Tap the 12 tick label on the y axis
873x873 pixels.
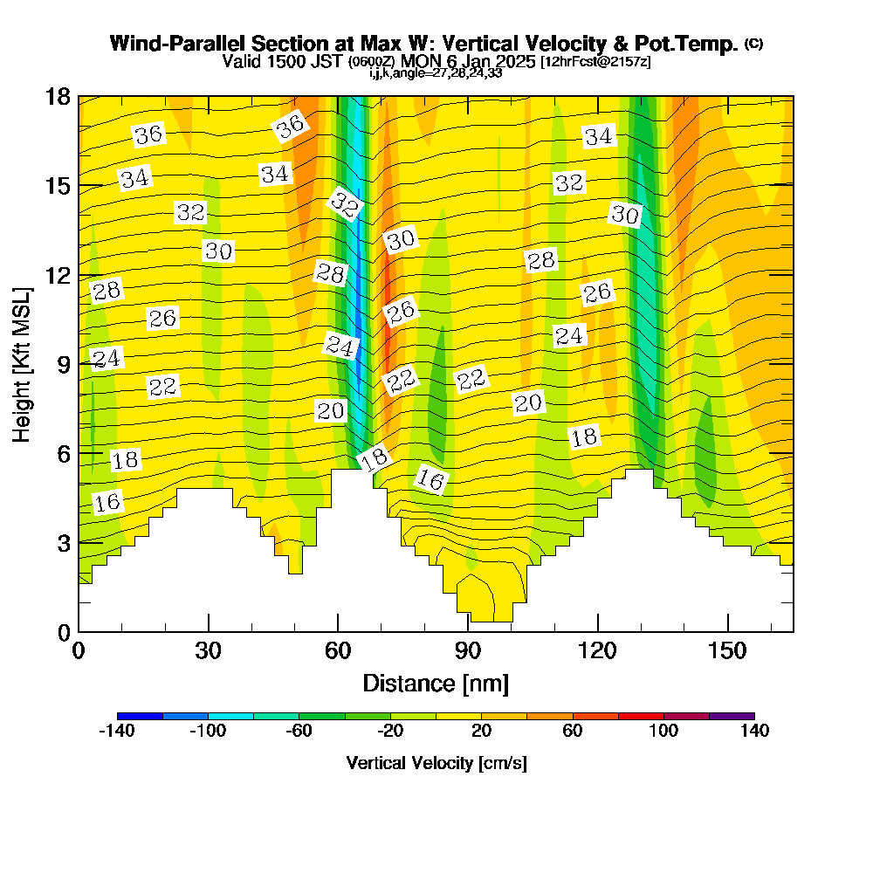point(58,274)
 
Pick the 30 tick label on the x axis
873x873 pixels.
point(208,650)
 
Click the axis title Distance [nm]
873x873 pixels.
point(436,683)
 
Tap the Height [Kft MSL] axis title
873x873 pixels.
point(23,363)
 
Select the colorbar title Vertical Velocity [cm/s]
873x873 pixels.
point(436,763)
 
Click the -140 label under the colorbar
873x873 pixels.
point(117,731)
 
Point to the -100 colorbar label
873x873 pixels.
point(208,731)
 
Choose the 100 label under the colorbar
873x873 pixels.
point(663,731)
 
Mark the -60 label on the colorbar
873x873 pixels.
point(299,731)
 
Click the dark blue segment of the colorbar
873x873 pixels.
point(140,716)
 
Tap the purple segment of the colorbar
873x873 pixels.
point(732,716)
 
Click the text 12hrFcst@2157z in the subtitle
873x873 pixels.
point(595,62)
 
